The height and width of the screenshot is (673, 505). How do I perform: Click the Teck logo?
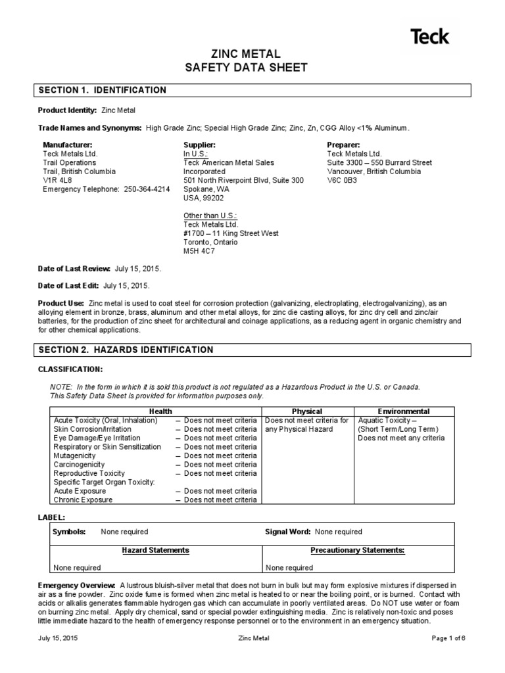tap(430, 36)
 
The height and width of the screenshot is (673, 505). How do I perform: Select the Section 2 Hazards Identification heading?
tap(126, 350)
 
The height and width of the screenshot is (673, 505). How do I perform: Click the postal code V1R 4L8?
tap(57, 180)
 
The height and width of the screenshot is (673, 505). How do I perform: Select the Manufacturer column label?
tap(68, 145)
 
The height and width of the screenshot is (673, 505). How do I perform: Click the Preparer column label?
tap(344, 145)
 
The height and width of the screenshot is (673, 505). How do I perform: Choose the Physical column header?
tap(307, 411)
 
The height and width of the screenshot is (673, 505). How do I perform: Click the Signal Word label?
tap(288, 532)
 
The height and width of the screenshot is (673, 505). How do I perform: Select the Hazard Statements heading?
tap(156, 550)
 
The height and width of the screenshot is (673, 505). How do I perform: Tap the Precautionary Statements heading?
tap(357, 550)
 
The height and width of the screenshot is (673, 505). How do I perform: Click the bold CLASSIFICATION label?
tap(70, 370)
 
